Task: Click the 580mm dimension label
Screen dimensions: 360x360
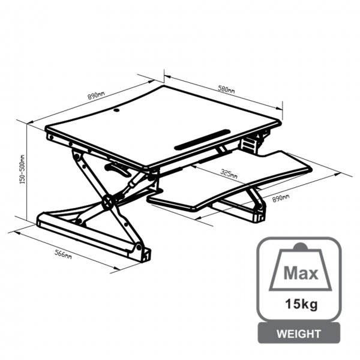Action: pyautogui.click(x=226, y=89)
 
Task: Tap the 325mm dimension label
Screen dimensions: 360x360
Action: pyautogui.click(x=229, y=174)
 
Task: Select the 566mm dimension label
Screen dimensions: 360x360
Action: pyautogui.click(x=63, y=254)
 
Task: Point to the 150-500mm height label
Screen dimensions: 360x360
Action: pyautogui.click(x=22, y=169)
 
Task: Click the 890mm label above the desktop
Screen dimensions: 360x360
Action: pyautogui.click(x=96, y=95)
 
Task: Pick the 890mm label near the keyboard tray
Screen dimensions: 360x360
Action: pyautogui.click(x=281, y=198)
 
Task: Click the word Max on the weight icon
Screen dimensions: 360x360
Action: pyautogui.click(x=301, y=273)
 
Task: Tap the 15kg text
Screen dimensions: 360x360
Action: pyautogui.click(x=301, y=304)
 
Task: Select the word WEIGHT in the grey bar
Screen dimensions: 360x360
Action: pyautogui.click(x=299, y=334)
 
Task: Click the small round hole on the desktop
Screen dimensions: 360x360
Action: pyautogui.click(x=116, y=110)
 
